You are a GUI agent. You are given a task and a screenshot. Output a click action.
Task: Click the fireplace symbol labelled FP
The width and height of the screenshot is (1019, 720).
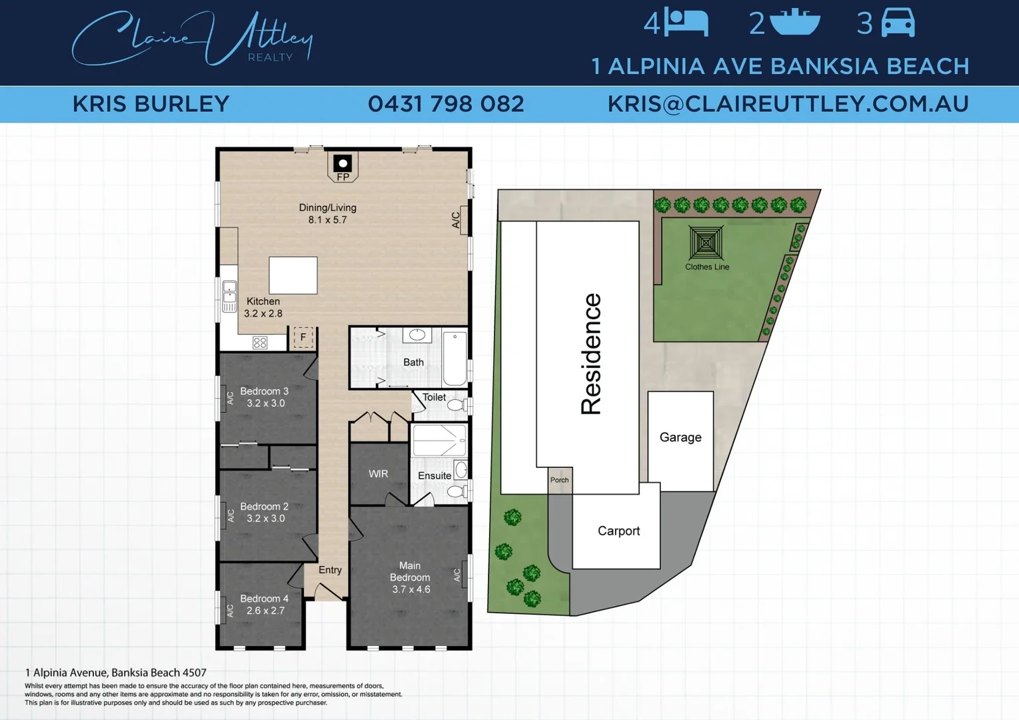coord(343,165)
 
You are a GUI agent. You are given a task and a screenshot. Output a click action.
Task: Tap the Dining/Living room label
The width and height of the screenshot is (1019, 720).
coord(327,208)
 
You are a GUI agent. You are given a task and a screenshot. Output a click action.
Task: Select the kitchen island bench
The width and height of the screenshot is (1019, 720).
coord(293,275)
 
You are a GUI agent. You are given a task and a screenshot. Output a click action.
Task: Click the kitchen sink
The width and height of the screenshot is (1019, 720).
coord(229,295)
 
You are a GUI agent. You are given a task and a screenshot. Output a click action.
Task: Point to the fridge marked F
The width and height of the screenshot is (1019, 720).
coord(303,337)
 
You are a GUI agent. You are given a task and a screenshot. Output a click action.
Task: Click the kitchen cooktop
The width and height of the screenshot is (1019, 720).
coord(260,343)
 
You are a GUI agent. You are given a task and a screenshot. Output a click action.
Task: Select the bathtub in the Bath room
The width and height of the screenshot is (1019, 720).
coord(455,359)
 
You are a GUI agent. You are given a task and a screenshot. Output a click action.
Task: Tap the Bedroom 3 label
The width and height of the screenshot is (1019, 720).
coord(265,391)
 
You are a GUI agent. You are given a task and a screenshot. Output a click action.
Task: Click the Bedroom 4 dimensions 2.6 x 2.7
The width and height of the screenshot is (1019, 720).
coord(265,611)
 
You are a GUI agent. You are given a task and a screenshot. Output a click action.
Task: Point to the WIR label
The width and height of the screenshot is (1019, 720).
coord(379,474)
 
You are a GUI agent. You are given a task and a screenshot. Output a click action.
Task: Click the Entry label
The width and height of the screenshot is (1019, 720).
coord(330,570)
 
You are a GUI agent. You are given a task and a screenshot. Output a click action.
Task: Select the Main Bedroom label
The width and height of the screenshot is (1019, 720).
coord(410,571)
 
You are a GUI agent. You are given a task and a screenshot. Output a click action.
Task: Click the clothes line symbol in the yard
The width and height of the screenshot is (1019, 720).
coord(706,243)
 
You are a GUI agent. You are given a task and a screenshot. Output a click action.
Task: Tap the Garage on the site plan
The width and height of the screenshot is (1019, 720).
coord(680,438)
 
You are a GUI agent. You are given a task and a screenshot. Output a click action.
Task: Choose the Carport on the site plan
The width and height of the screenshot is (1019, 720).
coord(618,531)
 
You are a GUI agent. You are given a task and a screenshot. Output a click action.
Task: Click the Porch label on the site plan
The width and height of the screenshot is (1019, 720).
coord(560,480)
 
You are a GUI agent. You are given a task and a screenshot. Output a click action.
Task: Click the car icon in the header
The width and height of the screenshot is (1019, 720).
coord(898,23)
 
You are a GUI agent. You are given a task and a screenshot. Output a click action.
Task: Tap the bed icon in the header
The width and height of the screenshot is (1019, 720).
coord(686,23)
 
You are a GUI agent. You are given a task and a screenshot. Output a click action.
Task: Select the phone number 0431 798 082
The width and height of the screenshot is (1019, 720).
coord(446,104)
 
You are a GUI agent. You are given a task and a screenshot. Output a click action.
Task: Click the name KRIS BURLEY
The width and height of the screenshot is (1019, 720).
coord(151,104)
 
